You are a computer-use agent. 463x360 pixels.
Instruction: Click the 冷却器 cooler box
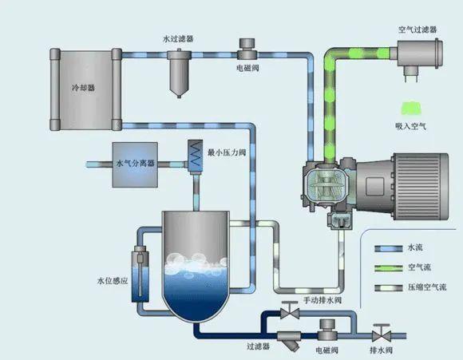[85, 89]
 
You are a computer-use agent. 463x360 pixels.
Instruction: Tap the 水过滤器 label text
[178, 38]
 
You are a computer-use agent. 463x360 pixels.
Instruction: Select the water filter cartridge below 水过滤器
[179, 73]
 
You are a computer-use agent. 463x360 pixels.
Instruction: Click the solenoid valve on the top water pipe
[247, 49]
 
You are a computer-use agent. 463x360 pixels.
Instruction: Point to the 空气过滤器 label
[417, 30]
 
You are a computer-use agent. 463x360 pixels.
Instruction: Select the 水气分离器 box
[135, 164]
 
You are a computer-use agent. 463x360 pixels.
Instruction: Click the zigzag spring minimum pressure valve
[196, 156]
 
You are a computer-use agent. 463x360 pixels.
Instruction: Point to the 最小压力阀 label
[227, 152]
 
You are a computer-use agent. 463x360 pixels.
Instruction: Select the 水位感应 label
[113, 280]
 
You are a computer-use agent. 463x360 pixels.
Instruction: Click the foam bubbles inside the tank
[196, 263]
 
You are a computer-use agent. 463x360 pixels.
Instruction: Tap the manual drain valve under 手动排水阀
[289, 311]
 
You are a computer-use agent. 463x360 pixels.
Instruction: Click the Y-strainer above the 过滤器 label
[289, 339]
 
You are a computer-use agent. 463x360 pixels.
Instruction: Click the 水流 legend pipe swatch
[388, 248]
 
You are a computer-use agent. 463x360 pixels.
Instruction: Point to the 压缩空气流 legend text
[427, 287]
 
